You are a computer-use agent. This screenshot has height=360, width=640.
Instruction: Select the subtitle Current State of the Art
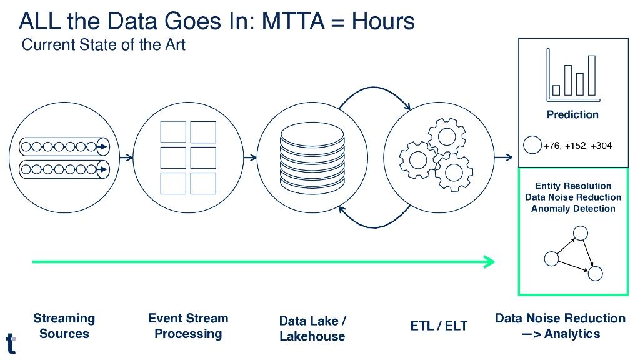coord(103,45)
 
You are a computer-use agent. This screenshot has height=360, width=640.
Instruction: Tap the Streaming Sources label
coord(64,326)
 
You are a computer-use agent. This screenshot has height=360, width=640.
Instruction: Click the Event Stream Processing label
coord(188,326)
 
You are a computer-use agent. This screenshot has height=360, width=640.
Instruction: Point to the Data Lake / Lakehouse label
coord(312,328)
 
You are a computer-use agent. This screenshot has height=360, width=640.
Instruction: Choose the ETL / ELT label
coord(439,326)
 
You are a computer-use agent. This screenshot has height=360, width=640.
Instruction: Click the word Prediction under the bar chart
coord(572,114)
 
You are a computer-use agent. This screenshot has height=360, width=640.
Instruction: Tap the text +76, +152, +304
coord(577,146)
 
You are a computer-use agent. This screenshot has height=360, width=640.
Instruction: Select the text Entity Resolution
coord(573,186)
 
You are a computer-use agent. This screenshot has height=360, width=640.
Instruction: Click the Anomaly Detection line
coord(573,209)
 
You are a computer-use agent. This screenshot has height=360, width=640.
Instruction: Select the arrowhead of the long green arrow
coord(491,262)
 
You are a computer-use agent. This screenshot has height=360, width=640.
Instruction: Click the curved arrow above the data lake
coord(373,92)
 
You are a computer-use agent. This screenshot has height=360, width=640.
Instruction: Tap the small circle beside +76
coord(532,146)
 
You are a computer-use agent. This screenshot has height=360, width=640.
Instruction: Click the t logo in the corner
coord(11,343)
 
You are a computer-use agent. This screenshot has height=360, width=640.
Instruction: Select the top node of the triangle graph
coord(581,233)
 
